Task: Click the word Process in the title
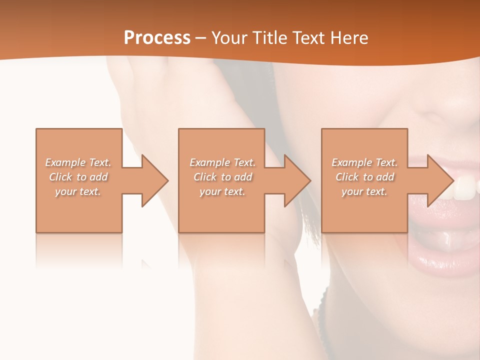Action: (157, 38)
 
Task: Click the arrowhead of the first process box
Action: (153, 180)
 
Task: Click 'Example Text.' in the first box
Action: (78, 162)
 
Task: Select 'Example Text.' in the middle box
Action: (222, 162)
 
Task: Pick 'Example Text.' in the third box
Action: (364, 162)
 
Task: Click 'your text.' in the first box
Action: (78, 191)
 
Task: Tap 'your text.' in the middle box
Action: (222, 191)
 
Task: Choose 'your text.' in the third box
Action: (364, 191)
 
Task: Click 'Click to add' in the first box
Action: (78, 177)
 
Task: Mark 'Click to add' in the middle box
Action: (222, 177)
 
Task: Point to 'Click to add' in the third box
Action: (364, 177)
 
